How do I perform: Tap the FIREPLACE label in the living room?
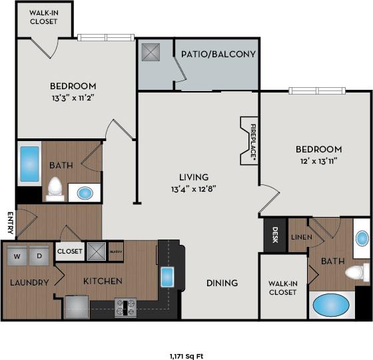point(252,140)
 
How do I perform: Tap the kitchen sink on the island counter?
point(167,275)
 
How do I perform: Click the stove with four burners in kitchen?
point(125,307)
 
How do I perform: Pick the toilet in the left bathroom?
point(55,188)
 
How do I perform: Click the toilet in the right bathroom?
point(357,272)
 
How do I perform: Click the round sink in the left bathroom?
point(85,193)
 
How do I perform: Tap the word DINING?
point(222,283)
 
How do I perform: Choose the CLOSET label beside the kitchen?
point(70,251)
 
